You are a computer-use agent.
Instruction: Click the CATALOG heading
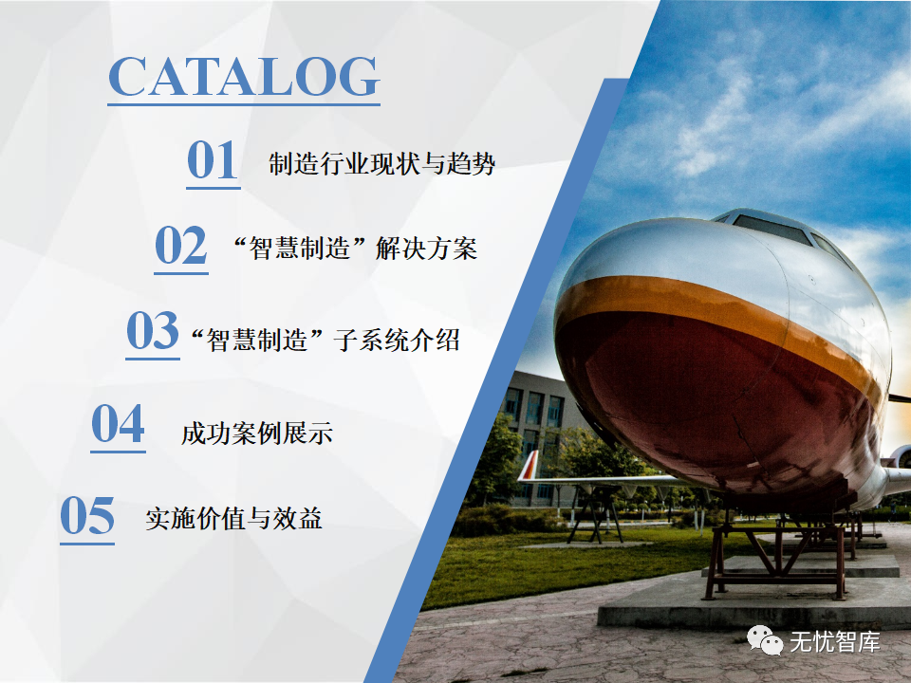tap(244, 77)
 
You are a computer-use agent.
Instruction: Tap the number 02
tap(180, 245)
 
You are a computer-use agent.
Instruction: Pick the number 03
tap(152, 330)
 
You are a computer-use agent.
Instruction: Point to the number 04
tap(118, 423)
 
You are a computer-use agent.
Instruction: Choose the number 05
tap(87, 515)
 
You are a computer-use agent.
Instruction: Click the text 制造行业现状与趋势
tap(381, 164)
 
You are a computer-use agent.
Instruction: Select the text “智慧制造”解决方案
tap(355, 249)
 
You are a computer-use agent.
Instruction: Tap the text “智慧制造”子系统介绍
tap(325, 340)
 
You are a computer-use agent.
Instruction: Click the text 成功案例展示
tap(257, 434)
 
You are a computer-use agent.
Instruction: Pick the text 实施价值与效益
tap(233, 518)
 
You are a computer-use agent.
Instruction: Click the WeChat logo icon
tap(765, 640)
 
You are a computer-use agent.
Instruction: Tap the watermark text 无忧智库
tap(835, 642)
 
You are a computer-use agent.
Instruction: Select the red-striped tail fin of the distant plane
tap(530, 465)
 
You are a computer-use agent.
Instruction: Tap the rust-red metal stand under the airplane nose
tap(775, 557)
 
